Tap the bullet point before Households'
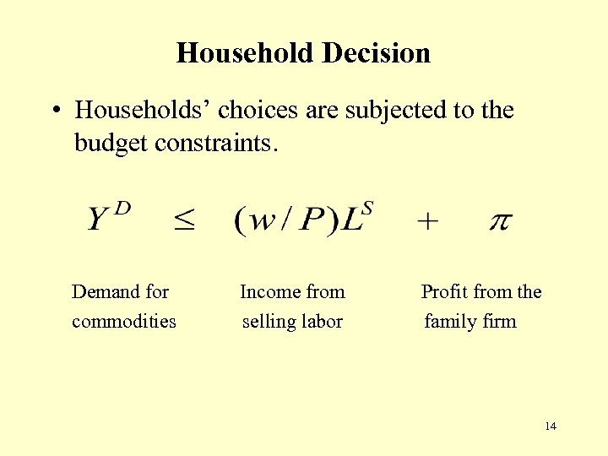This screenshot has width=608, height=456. point(54,111)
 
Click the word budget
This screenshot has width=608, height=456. point(111,143)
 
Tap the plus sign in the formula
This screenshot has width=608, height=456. point(428,222)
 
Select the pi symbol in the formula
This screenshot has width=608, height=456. point(500,222)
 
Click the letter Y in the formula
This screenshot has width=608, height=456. point(99,221)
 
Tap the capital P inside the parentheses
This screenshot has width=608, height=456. point(312,221)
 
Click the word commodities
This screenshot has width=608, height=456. point(124,322)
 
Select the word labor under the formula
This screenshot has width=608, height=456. point(322,322)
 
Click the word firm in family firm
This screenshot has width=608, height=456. point(499,322)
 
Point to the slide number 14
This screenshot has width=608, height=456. point(551,426)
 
